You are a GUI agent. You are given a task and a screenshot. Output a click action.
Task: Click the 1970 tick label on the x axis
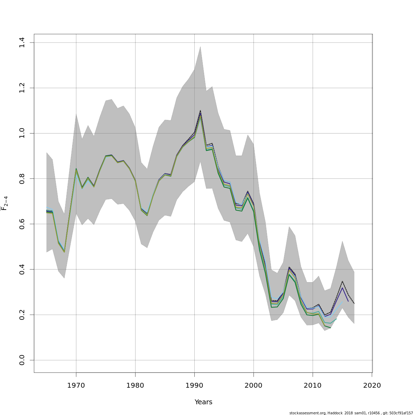76,385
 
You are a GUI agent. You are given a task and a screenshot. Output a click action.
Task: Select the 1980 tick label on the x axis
135,385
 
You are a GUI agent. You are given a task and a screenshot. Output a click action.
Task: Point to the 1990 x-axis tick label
194,385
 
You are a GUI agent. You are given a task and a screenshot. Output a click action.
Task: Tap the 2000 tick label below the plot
253,385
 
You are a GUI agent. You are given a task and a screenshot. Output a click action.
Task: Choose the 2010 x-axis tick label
313,385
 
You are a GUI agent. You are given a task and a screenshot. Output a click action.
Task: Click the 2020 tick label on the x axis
372,385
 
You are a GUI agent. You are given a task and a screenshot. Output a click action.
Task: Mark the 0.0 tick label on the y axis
22,360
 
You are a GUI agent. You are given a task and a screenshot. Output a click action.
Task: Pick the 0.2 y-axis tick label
22,315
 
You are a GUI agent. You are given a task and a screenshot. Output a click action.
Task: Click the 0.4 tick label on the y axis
22,269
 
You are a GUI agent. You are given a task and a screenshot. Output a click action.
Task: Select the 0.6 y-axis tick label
22,224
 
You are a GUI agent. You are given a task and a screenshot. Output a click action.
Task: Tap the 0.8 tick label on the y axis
22,178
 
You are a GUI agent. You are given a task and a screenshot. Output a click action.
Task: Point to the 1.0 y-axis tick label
22,133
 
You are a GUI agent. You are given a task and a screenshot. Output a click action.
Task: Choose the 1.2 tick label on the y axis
22,88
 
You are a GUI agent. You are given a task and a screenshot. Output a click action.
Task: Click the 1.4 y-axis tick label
22,43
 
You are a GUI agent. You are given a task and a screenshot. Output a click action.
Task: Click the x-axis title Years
203,402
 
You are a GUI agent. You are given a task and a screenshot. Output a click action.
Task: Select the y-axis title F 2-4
4,203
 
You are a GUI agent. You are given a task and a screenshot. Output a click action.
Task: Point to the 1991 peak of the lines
200,111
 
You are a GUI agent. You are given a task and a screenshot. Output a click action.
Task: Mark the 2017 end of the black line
354,304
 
